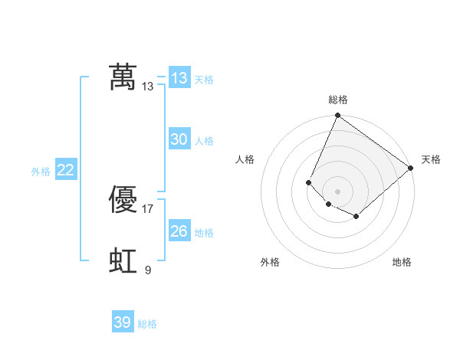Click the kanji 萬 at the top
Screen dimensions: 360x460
pos(123,77)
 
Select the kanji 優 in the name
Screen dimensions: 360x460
pos(123,200)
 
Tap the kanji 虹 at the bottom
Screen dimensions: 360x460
pos(123,261)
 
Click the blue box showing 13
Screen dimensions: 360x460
pos(179,78)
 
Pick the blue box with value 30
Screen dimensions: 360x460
pos(179,139)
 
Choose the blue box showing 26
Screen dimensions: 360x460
pos(179,231)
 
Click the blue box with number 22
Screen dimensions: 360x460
pos(65,170)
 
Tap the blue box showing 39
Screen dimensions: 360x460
pos(122,322)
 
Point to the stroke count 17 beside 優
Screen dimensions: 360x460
pos(148,208)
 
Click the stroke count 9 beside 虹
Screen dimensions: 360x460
pos(148,270)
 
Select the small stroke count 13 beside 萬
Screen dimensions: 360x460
pos(148,86)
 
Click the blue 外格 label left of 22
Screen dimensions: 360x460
pos(41,172)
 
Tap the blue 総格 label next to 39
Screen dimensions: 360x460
pos(147,324)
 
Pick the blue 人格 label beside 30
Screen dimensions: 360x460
pos(204,141)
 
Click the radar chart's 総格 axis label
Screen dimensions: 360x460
pos(338,100)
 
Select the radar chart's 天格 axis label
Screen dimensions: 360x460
pos(432,159)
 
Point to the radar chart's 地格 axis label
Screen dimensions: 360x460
pos(402,262)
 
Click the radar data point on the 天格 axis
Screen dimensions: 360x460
pos(411,168)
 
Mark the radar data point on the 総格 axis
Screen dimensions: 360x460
pos(337,116)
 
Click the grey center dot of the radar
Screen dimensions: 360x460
pos(337,191)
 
